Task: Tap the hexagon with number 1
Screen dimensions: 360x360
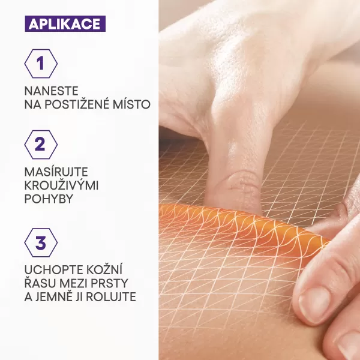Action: point(41,64)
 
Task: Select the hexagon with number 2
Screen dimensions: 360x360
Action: point(41,145)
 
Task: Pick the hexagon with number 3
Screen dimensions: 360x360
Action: point(41,244)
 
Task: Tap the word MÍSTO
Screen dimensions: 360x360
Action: point(134,105)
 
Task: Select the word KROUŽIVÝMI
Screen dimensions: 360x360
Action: point(62,185)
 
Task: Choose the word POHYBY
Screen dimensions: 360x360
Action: point(49,199)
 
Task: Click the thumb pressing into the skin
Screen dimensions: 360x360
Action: point(234,174)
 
